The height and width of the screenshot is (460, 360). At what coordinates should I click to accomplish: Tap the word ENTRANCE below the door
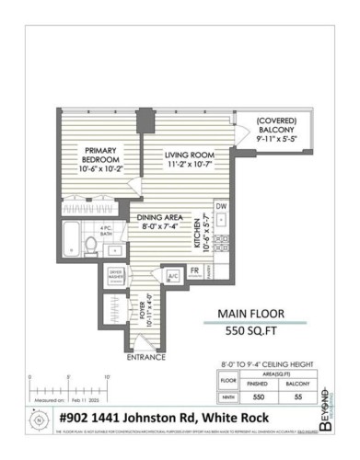(x=145, y=356)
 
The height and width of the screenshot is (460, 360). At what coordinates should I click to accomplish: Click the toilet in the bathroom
(x=90, y=244)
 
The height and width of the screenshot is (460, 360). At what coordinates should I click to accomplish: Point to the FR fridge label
(x=194, y=270)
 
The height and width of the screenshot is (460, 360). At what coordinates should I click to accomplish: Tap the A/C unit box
(x=172, y=275)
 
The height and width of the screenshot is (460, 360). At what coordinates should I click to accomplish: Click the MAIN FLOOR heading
(x=249, y=313)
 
